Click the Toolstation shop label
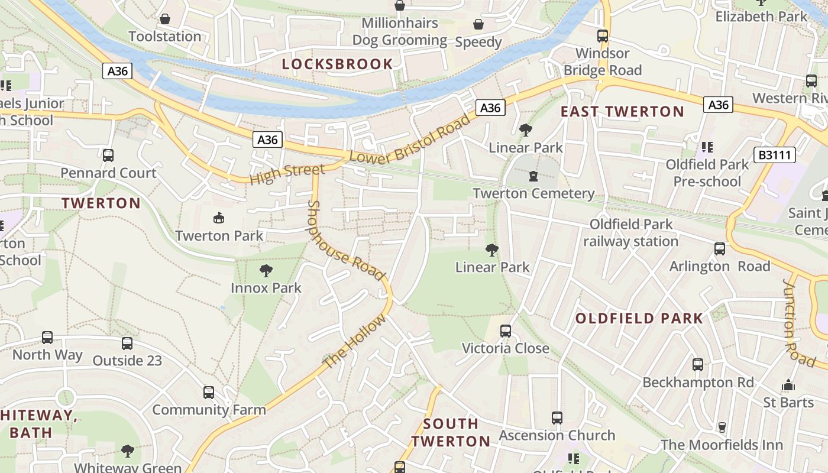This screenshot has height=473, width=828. pyautogui.click(x=165, y=36)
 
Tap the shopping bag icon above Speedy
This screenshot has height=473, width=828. pyautogui.click(x=478, y=25)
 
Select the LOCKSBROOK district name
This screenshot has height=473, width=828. pyautogui.click(x=337, y=64)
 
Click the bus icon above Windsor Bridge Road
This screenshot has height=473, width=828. pyautogui.click(x=603, y=36)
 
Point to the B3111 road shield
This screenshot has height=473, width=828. pyautogui.click(x=775, y=155)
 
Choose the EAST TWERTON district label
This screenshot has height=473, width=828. pyautogui.click(x=622, y=111)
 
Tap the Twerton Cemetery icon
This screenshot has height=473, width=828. pyautogui.click(x=533, y=176)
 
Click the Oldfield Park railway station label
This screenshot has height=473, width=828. pyautogui.click(x=631, y=233)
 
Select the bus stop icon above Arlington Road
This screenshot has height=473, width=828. pyautogui.click(x=720, y=249)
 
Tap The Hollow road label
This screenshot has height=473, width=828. pyautogui.click(x=355, y=341)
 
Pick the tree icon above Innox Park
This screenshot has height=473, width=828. pyautogui.click(x=266, y=271)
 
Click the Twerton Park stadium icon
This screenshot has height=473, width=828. pyautogui.click(x=219, y=218)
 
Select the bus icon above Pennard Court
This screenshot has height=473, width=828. pyautogui.click(x=108, y=155)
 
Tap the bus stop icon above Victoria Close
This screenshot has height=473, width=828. pyautogui.click(x=505, y=331)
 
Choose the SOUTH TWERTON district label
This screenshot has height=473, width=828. pyautogui.click(x=451, y=432)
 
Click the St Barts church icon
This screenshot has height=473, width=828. pyautogui.click(x=788, y=385)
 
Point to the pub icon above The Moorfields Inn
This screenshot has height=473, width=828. pyautogui.click(x=722, y=427)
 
